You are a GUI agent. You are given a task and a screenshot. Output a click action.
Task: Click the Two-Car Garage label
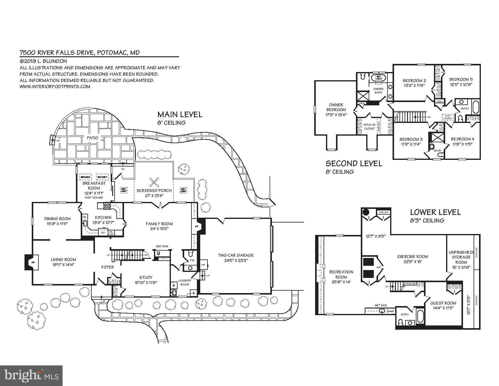coord(236,255)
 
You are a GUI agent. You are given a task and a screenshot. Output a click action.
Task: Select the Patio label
coord(92,138)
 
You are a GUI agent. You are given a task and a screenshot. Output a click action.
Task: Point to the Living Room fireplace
coord(31,262)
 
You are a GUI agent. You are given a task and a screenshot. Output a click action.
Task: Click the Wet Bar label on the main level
coord(162,246)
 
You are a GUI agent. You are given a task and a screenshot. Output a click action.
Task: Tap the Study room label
coord(146,277)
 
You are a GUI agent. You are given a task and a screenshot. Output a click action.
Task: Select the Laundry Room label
coord(184,282)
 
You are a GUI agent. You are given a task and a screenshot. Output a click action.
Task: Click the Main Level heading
coord(180,114)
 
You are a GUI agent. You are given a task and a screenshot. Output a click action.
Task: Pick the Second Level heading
coord(354,164)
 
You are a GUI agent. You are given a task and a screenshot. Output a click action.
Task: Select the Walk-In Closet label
coord(369,127)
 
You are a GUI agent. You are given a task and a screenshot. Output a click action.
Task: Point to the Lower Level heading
coord(435,212)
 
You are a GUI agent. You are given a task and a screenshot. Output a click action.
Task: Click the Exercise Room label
coord(413,256)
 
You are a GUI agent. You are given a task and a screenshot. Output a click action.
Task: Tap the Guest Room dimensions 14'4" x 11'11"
coord(443,308)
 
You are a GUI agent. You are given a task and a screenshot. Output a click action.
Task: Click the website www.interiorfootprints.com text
coord(55,87)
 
